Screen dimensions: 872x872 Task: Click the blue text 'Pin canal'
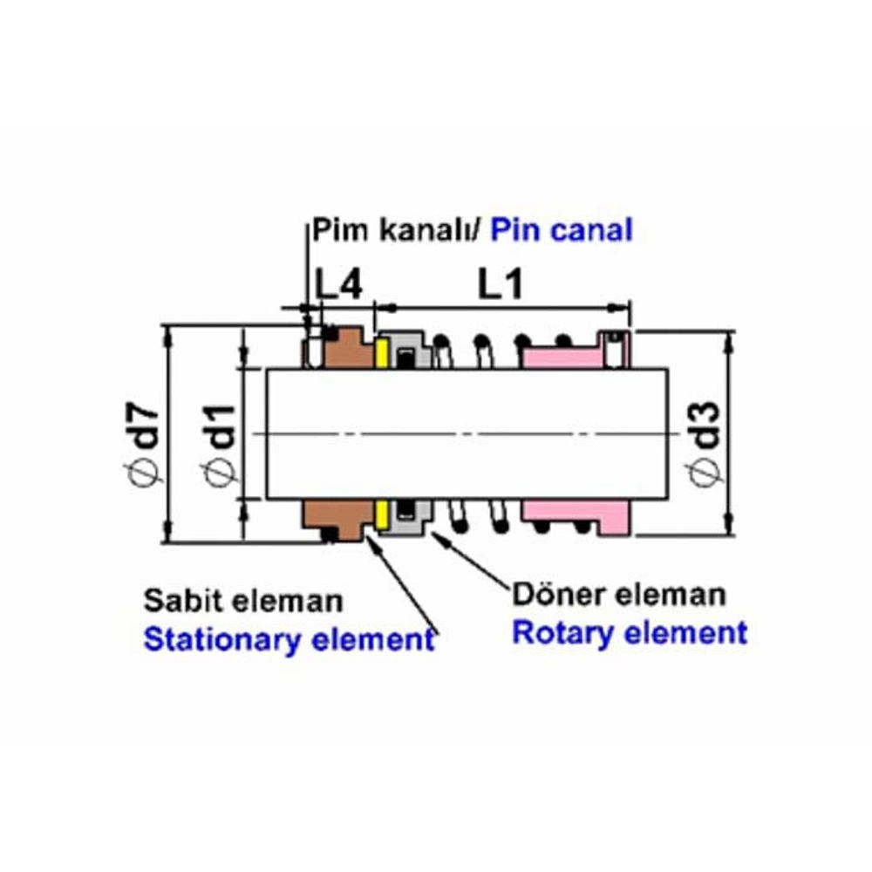point(561,231)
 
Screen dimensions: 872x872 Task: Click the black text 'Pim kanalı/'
point(397,231)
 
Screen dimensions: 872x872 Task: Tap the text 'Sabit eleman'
point(243,601)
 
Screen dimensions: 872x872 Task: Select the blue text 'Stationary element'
point(289,639)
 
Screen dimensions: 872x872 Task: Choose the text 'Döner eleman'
point(618,595)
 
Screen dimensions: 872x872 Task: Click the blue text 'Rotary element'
point(630,632)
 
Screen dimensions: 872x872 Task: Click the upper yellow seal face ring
point(381,353)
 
